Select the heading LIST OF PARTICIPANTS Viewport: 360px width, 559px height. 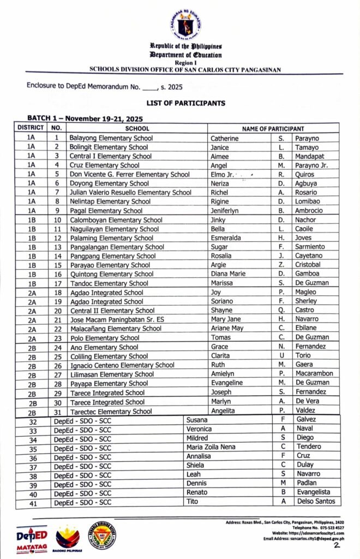185,103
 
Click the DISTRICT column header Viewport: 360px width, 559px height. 31,128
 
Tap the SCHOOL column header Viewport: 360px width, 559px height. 137,128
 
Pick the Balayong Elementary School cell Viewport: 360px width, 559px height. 111,138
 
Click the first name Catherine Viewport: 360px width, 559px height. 225,138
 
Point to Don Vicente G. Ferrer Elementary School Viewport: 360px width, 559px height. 130,174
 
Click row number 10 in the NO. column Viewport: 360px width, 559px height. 57,219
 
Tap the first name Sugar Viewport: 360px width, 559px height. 220,247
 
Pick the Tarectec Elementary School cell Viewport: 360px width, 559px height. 111,411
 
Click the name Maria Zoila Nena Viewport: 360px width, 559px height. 211,447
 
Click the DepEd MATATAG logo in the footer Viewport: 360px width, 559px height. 31,537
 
